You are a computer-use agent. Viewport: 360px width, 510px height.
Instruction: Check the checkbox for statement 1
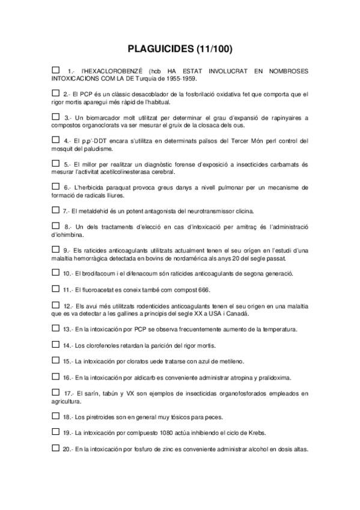56,70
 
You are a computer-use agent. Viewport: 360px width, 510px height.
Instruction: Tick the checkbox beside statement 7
56,210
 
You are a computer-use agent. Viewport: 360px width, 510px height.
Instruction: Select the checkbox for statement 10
56,273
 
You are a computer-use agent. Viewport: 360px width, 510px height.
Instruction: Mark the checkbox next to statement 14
56,345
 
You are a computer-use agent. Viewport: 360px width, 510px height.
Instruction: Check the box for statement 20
56,447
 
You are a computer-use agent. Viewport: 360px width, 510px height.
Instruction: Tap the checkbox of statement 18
56,416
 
